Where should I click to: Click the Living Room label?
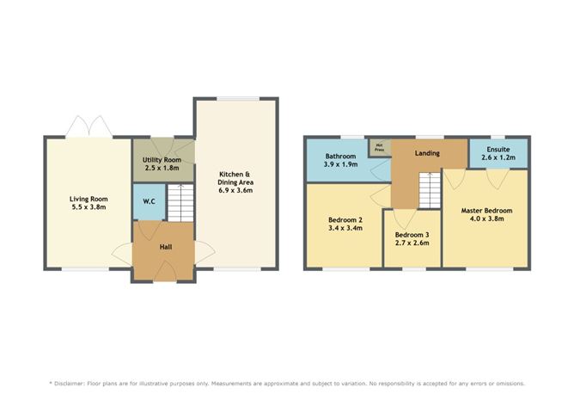89,199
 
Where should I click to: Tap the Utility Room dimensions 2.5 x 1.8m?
162,169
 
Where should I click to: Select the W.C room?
150,202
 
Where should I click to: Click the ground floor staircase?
180,203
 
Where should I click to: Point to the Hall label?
166,247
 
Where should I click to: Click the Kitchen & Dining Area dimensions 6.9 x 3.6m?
235,190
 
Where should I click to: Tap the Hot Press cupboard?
380,148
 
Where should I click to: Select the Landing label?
427,153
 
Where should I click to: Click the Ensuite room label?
498,150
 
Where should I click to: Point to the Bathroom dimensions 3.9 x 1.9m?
340,164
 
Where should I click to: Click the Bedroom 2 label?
345,220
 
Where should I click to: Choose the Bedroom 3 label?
412,235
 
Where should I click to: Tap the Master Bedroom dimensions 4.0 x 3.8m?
486,218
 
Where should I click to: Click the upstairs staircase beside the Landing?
430,190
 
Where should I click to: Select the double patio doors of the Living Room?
89,126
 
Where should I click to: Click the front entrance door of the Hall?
165,271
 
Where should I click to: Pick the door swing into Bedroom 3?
404,218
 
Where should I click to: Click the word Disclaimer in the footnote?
70,384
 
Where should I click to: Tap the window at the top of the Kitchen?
238,99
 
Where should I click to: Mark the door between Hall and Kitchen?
205,252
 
